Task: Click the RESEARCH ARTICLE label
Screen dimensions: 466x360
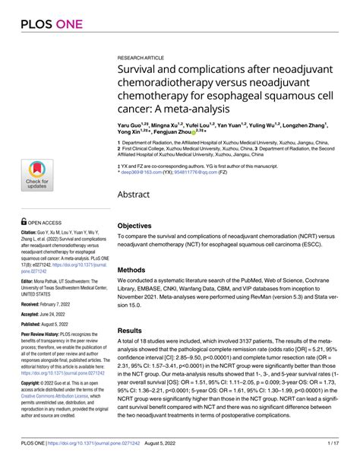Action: (x=141, y=57)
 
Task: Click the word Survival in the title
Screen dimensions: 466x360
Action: (x=141, y=71)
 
